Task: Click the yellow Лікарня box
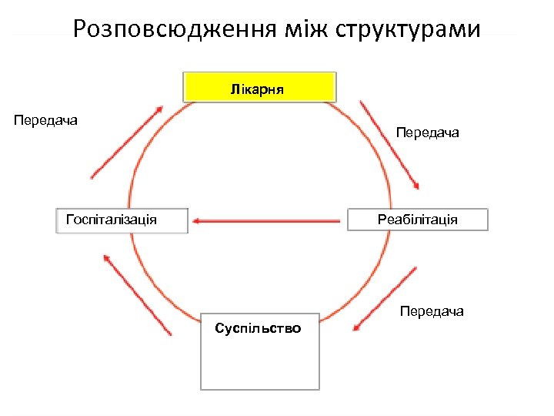tap(259, 87)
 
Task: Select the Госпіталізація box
tap(122, 220)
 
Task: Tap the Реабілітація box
tap(418, 220)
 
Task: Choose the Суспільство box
tap(259, 351)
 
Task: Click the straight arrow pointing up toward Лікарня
tap(127, 142)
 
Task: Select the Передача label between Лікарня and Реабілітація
tap(427, 133)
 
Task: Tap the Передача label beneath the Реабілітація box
tap(431, 311)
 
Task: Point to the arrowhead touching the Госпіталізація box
tap(195, 221)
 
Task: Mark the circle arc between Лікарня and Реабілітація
tap(369, 146)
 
